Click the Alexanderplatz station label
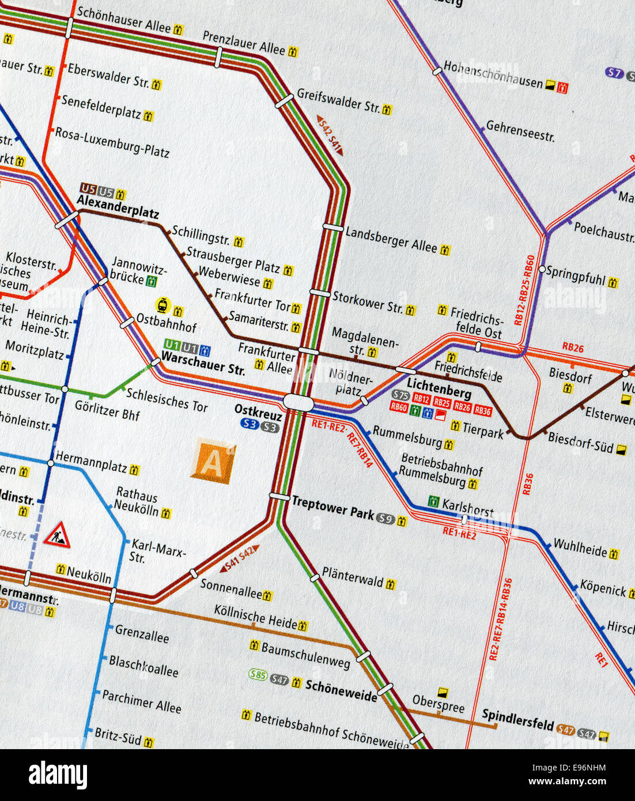point(118,207)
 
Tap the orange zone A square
point(212,461)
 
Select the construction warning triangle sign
point(57,535)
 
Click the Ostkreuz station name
point(258,413)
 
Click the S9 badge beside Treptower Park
point(385,519)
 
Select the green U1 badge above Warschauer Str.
point(172,345)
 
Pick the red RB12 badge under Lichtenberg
point(421,399)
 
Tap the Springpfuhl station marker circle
point(542,269)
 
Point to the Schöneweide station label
point(341,690)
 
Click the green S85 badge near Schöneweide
point(258,674)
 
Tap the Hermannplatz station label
point(91,462)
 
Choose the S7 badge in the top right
point(614,73)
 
